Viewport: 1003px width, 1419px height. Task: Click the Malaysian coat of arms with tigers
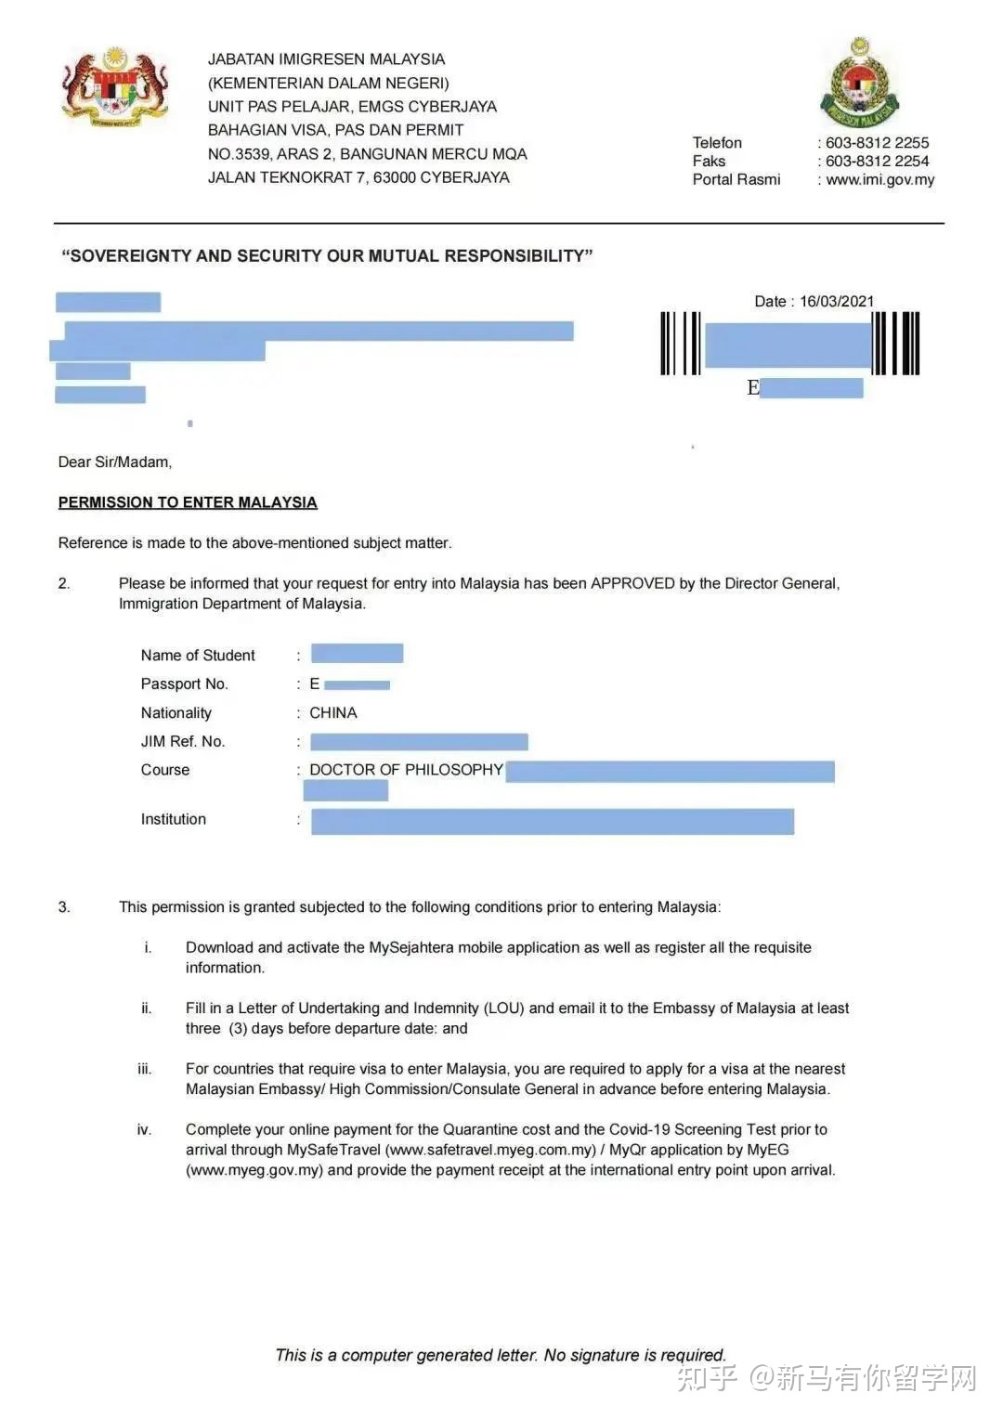point(115,87)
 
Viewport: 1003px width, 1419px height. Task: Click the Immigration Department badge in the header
point(860,85)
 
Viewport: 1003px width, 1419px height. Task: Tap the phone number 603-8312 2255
point(877,143)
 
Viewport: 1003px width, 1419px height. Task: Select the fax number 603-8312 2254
point(877,162)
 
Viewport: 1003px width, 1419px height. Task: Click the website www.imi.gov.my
point(879,180)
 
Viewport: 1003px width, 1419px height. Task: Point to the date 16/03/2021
point(837,302)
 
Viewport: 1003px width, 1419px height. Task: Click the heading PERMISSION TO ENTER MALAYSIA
point(188,502)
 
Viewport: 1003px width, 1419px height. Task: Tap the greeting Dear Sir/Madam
point(115,462)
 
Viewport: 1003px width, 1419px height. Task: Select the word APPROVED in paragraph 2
point(632,583)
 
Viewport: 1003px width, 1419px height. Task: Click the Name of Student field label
point(198,656)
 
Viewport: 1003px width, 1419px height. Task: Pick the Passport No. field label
point(184,684)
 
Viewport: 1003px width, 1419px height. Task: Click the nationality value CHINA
point(332,713)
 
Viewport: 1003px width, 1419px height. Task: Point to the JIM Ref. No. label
point(182,742)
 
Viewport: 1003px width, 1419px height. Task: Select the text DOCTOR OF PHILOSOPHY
point(406,770)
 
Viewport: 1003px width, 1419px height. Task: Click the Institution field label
point(174,819)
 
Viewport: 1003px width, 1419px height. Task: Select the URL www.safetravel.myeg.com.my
point(490,1150)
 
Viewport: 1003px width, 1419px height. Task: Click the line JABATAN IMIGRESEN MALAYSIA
point(326,59)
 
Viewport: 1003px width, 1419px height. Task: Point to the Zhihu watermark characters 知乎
point(707,1378)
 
